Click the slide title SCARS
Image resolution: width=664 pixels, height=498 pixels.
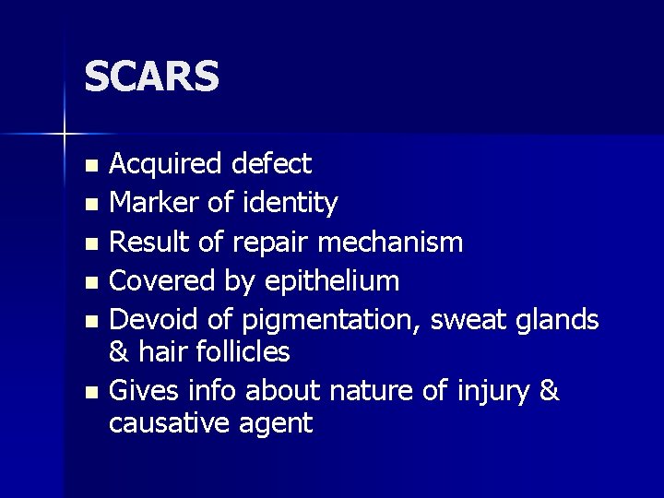(x=151, y=77)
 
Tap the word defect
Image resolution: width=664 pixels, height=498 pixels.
(x=272, y=164)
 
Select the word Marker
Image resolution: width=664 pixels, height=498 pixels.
(x=151, y=202)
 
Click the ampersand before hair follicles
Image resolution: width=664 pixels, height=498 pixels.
(x=117, y=351)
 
